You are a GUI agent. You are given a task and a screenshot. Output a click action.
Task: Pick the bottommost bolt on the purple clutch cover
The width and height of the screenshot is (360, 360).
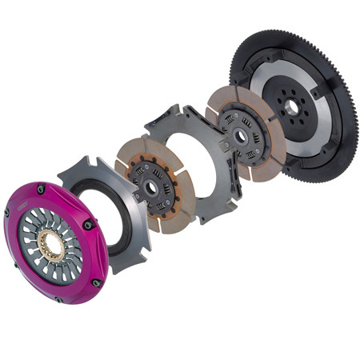[x=96, y=282]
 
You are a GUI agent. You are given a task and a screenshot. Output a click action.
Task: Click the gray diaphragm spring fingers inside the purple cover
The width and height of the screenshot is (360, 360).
[x=36, y=232]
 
